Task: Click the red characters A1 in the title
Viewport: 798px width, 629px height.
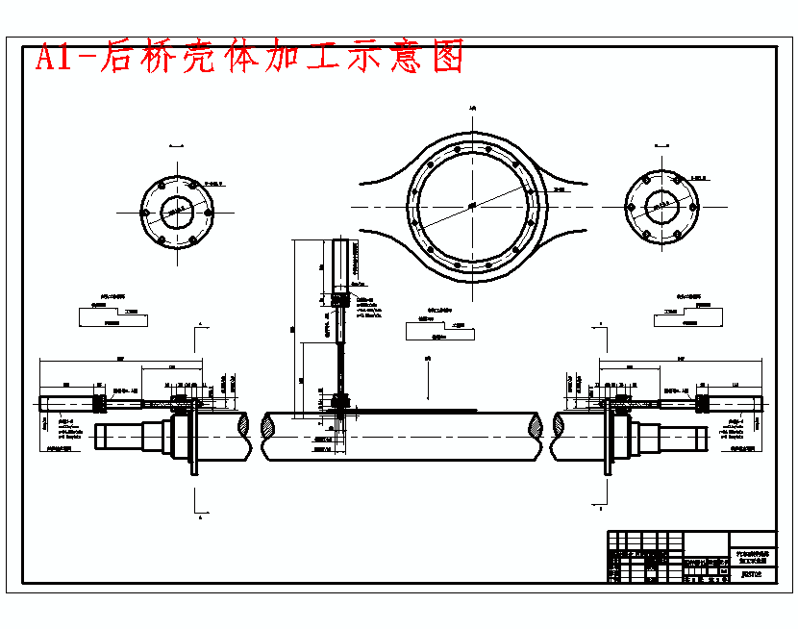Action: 57,58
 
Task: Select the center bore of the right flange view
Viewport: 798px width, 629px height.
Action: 661,206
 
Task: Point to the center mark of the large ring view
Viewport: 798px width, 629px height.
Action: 472,205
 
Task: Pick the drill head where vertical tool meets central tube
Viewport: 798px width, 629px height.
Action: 340,403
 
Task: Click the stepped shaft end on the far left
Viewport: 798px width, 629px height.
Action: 120,440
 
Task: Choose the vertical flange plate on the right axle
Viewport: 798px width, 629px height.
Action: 608,438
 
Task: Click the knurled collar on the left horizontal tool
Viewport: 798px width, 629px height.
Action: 99,401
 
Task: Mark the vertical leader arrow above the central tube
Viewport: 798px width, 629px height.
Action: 428,377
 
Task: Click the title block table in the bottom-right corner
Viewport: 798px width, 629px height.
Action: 691,556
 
